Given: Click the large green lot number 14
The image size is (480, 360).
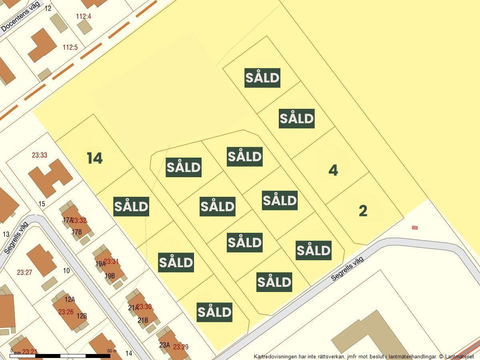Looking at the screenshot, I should pyautogui.click(x=95, y=158).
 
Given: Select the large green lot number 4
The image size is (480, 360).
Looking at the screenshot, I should pyautogui.click(x=333, y=170).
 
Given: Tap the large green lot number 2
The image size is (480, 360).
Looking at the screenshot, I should pyautogui.click(x=363, y=211).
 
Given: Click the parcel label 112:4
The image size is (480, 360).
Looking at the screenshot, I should pyautogui.click(x=84, y=16).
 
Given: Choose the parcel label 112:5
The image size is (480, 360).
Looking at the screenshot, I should pyautogui.click(x=70, y=48).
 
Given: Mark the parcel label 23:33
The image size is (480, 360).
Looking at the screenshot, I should pyautogui.click(x=39, y=155).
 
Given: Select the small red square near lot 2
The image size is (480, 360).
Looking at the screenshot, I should pyautogui.click(x=415, y=228).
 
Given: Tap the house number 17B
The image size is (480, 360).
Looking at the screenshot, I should pyautogui.click(x=76, y=232).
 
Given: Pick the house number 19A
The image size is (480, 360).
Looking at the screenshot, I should pyautogui.click(x=100, y=264).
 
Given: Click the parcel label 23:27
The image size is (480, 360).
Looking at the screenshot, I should pyautogui.click(x=24, y=272).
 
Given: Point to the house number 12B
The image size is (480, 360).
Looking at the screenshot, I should pyautogui.click(x=82, y=316).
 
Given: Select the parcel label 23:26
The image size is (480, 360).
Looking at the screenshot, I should pyautogui.click(x=66, y=312).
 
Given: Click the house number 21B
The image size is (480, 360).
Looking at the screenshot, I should pyautogui.click(x=143, y=320).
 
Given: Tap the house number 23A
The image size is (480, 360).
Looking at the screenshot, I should pyautogui.click(x=164, y=345).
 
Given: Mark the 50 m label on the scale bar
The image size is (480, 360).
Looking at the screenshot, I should pyautogui.click(x=112, y=351).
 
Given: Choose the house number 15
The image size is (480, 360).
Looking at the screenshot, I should pyautogui.click(x=42, y=204).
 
